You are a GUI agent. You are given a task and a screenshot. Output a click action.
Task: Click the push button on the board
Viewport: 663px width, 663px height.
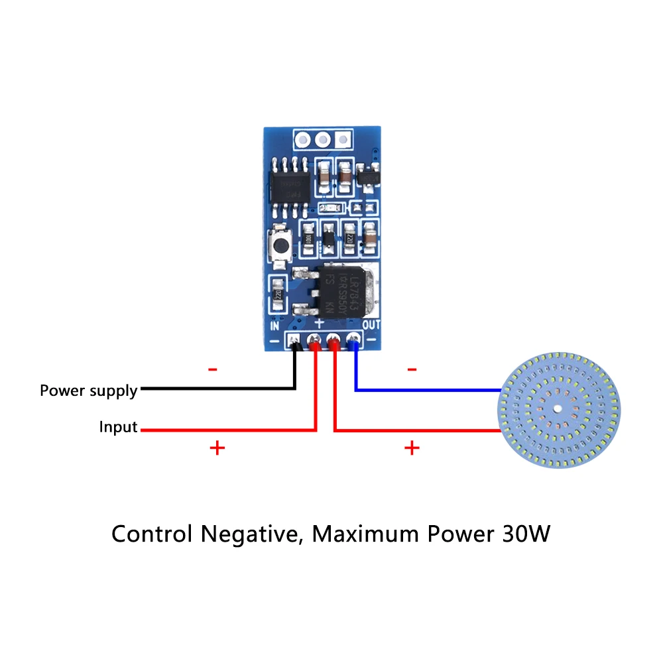279,246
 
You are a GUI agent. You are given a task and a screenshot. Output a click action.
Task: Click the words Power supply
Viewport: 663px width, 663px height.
88,390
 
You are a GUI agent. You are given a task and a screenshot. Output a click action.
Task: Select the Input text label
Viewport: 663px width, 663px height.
118,427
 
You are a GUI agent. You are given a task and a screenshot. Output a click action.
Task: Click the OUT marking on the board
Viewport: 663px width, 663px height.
372,324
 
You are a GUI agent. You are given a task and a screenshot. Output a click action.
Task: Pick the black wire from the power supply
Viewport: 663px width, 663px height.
219,389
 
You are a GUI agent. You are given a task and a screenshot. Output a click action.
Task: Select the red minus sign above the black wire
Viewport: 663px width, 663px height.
212,369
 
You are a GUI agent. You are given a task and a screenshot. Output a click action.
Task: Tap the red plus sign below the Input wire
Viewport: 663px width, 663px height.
217,449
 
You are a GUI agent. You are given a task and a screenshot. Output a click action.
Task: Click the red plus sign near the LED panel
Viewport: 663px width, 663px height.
412,448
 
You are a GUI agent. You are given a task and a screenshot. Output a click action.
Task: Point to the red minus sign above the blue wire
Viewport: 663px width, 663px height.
411,369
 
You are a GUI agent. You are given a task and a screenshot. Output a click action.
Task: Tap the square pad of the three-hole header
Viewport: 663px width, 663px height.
343,140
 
